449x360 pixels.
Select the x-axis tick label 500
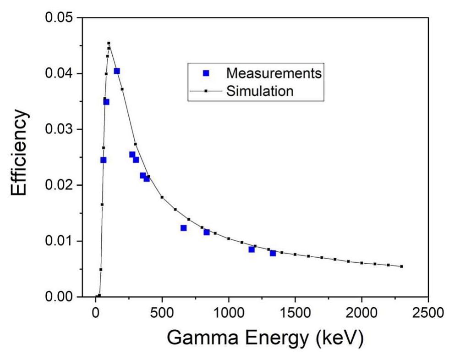162,313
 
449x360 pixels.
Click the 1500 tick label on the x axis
295,313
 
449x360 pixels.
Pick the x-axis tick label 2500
428,313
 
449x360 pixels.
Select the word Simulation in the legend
260,91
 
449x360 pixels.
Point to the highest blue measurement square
117,71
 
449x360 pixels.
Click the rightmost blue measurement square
273,253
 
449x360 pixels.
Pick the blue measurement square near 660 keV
183,228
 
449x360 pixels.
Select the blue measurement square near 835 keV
207,232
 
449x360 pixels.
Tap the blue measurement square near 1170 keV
252,249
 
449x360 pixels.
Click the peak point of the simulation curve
109,43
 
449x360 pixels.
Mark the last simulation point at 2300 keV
401,266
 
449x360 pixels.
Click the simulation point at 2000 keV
361,263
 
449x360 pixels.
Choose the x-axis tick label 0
95,313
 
